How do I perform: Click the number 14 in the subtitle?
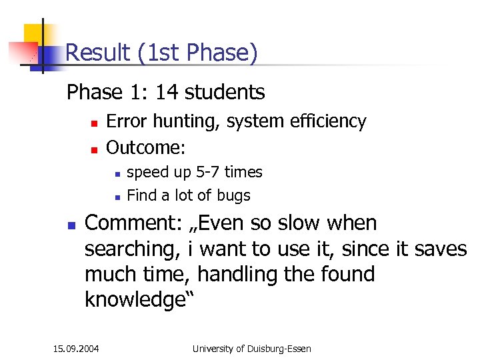click(x=169, y=92)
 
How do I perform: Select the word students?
click(x=225, y=92)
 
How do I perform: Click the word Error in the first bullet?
click(x=127, y=121)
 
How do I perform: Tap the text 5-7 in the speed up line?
click(x=207, y=172)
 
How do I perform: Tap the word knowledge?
click(x=134, y=300)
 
